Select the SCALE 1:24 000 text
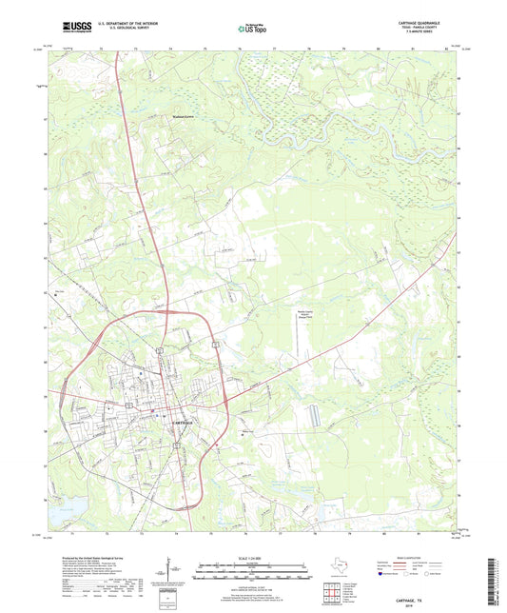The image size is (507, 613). coord(253,558)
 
